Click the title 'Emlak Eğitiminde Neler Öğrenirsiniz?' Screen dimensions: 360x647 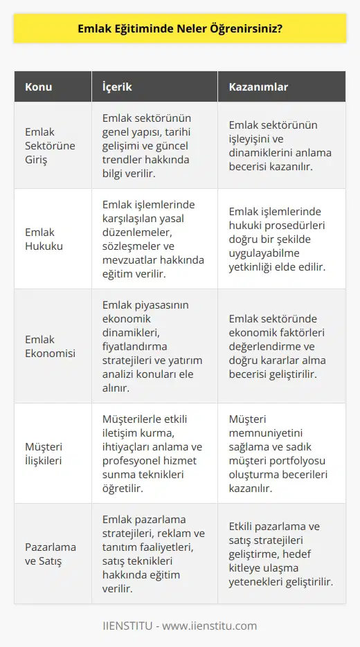click(179, 30)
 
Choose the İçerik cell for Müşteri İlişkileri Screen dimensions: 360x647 click(155, 453)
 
